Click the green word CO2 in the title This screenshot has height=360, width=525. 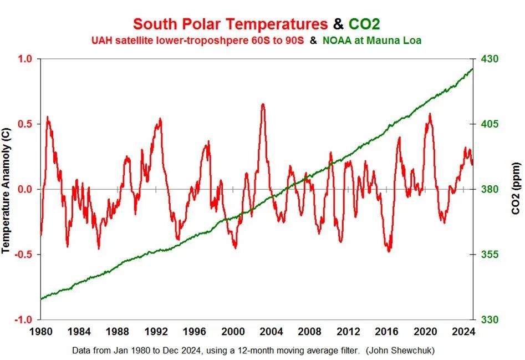(364, 24)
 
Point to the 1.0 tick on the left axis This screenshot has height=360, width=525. (26, 59)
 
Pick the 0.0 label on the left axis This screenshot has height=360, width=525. (26, 189)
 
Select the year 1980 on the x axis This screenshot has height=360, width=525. (41, 332)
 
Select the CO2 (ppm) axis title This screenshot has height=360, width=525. (514, 189)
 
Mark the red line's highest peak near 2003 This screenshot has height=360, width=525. (262, 104)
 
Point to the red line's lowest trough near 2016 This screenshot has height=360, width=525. (389, 251)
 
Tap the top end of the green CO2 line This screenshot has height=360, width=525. (472, 69)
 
